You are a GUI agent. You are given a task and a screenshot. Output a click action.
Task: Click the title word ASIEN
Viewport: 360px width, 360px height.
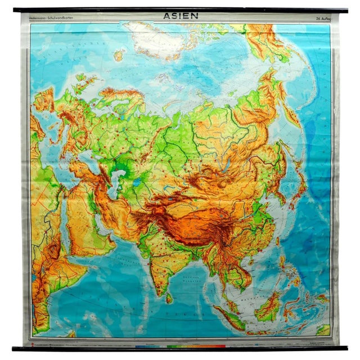pos(179,16)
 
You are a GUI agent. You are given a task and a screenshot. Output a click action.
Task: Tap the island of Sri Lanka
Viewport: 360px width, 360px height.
pos(168,298)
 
